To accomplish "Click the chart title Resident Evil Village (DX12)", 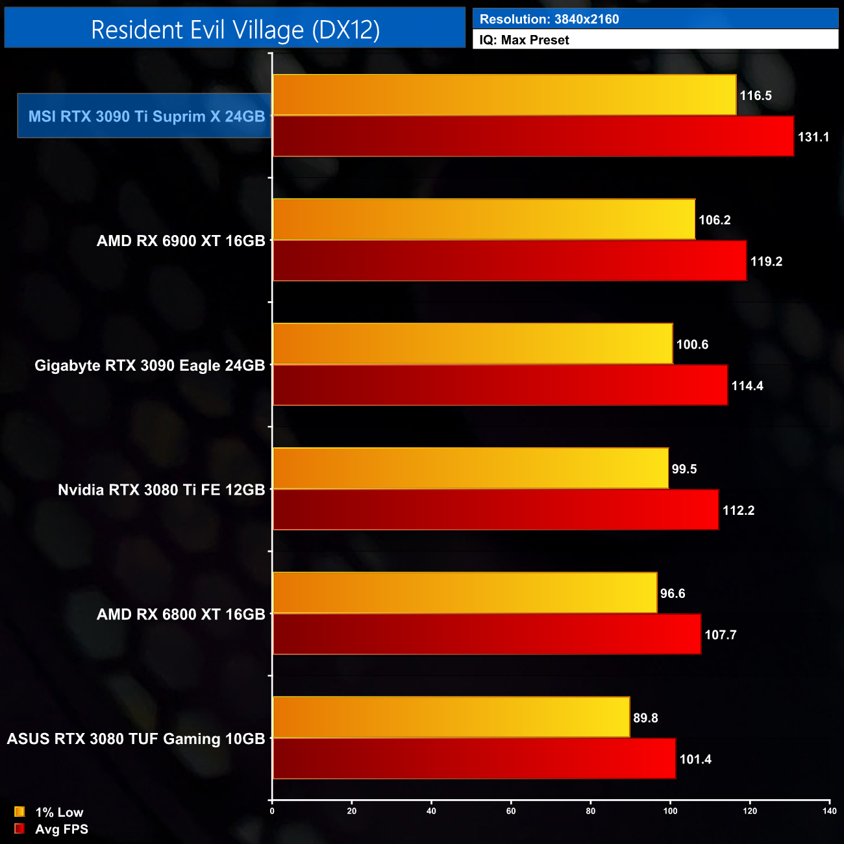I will [235, 30].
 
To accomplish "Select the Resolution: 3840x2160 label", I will [549, 19].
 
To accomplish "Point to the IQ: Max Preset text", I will [524, 40].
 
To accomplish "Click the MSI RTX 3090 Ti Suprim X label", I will [146, 117].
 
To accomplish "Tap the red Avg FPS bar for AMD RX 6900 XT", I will [510, 261].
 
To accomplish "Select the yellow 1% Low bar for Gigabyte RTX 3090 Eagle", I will [473, 344].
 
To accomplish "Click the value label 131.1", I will [813, 137].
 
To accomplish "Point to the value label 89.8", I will [645, 718].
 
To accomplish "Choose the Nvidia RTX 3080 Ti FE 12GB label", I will [161, 490].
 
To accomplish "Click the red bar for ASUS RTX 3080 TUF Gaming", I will [474, 759].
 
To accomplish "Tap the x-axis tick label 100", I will [670, 811].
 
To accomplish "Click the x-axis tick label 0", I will [272, 811].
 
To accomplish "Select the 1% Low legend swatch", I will [19, 812].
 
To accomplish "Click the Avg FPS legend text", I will [62, 829].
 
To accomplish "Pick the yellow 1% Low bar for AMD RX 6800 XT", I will [465, 593].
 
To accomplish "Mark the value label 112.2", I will [738, 510].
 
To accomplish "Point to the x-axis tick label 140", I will [829, 811].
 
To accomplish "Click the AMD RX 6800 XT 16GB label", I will [180, 614].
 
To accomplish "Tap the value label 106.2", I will [714, 220].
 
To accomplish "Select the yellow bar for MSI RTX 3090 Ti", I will [504, 95].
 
